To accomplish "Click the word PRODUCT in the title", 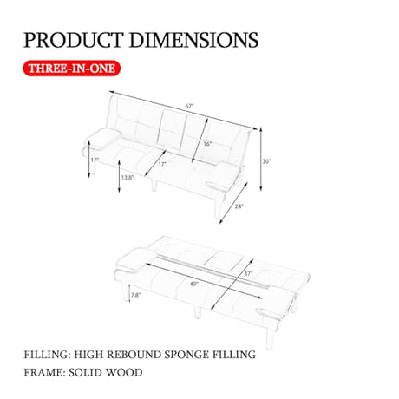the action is coord(73,40).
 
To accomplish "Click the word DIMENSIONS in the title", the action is coord(193,40).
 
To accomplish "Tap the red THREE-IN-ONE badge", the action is coord(72,69).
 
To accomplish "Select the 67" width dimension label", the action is coord(189,106).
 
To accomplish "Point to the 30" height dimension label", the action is coord(266,161).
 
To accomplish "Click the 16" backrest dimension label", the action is coord(207,144).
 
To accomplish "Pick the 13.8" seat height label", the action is coord(128,178).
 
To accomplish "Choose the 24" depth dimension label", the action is coord(239,206).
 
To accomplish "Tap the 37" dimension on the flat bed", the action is coord(248,273).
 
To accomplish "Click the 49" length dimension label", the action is coord(194,284).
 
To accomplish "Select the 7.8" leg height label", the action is coord(136,295).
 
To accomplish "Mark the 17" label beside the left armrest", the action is coord(95,160).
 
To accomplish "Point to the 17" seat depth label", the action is coord(162,164).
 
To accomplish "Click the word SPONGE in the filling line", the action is coord(186,355).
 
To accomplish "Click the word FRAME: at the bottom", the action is coord(44,372).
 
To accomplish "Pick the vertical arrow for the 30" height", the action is coord(260,159).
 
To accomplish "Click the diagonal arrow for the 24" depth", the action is coord(233,203).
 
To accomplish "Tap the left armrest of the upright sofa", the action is coord(103,139).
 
